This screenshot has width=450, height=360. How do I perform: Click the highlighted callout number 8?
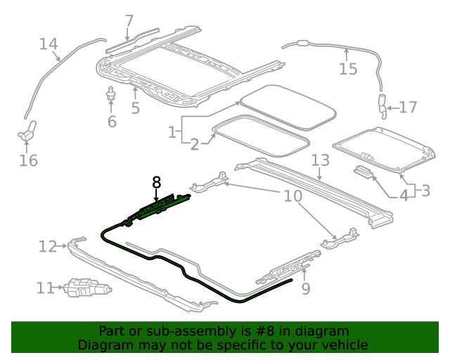click(x=156, y=183)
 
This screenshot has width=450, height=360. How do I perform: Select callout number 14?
click(x=49, y=44)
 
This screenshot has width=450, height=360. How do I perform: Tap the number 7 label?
click(x=129, y=21)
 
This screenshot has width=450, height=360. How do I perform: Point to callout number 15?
click(x=348, y=68)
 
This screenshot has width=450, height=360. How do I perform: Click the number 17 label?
click(x=408, y=108)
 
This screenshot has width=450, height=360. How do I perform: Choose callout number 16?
click(x=28, y=160)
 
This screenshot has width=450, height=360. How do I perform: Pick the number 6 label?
click(x=112, y=121)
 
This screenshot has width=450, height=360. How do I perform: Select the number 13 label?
click(x=320, y=160)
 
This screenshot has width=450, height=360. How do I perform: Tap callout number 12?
click(x=48, y=246)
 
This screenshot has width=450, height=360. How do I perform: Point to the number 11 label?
click(x=45, y=288)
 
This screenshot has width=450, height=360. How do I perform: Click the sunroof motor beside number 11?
click(x=86, y=288)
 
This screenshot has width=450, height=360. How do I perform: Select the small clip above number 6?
click(x=111, y=93)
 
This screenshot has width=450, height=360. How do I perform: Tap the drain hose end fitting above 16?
click(x=29, y=129)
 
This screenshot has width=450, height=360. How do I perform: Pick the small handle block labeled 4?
click(x=364, y=171)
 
